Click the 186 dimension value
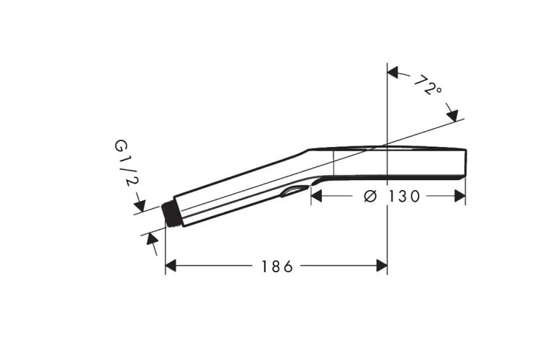click(x=277, y=266)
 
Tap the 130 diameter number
click(x=405, y=197)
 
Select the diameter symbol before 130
click(x=371, y=197)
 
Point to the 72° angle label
click(x=428, y=85)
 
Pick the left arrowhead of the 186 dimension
click(x=171, y=266)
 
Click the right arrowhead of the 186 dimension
click(x=382, y=266)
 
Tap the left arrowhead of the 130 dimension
click(x=317, y=196)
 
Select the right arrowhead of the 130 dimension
click(x=460, y=196)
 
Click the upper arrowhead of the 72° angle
click(x=392, y=72)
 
